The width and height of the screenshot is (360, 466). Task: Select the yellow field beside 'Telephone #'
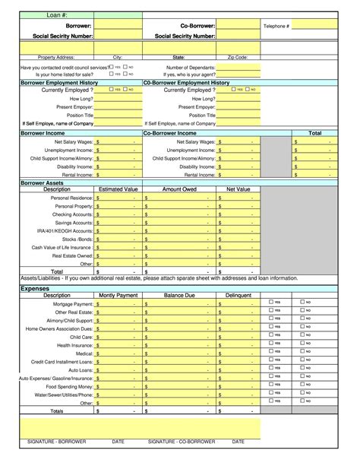[314, 26]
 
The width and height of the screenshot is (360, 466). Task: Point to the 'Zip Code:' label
[237, 57]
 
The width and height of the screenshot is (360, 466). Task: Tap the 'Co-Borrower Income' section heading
[172, 133]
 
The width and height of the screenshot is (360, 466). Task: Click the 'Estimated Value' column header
[118, 189]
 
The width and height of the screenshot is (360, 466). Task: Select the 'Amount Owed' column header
[180, 189]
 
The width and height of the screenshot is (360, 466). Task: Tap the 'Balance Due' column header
[180, 295]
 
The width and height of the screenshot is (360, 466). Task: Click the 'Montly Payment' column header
[118, 295]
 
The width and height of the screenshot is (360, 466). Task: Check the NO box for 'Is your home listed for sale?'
[125, 74]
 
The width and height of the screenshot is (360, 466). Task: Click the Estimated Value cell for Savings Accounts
[118, 223]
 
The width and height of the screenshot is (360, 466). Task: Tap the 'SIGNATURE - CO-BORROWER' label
[182, 442]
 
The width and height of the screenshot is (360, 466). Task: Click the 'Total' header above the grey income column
[314, 133]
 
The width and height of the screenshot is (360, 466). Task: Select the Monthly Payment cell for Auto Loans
[118, 369]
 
